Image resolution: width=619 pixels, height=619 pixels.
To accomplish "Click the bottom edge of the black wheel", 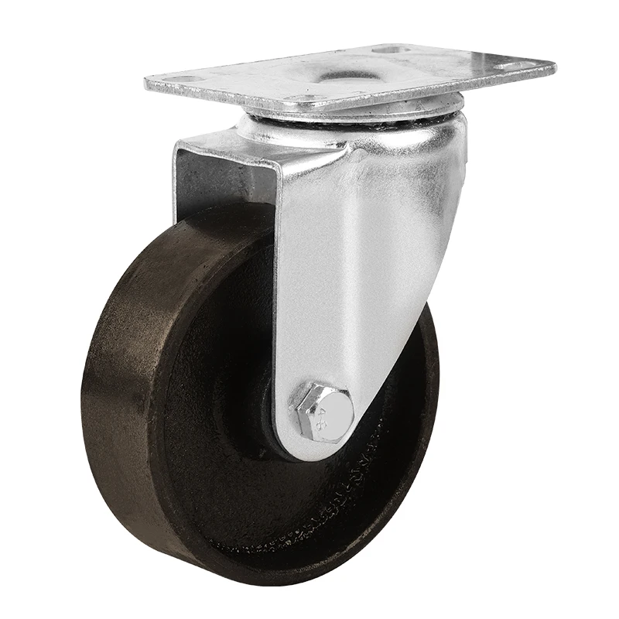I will pos(232,573).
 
